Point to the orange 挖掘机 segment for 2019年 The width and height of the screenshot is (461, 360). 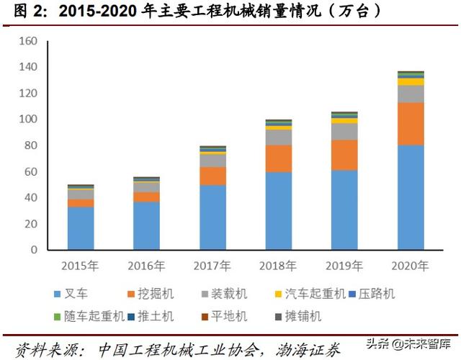click(x=344, y=155)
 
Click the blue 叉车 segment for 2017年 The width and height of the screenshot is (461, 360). click(x=212, y=217)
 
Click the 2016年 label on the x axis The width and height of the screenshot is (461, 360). click(x=146, y=266)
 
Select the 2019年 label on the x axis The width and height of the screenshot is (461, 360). click(x=344, y=266)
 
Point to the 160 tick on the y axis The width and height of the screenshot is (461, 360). click(x=28, y=41)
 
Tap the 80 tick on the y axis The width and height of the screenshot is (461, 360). click(x=31, y=145)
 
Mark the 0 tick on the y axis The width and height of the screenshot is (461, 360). click(x=34, y=250)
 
